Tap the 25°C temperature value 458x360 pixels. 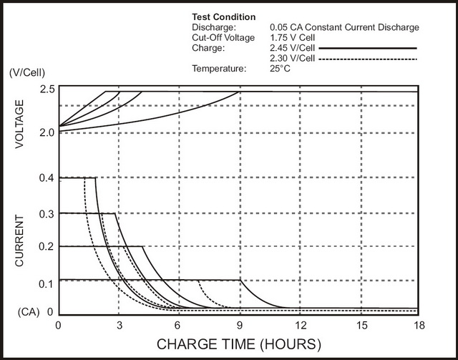280,69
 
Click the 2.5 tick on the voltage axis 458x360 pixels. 47,89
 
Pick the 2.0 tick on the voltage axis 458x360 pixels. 47,133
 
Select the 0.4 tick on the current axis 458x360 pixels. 47,178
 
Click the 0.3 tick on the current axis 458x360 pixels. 47,213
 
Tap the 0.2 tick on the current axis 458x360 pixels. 47,247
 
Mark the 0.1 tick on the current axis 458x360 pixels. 47,284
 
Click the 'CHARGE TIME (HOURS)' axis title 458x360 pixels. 237,344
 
